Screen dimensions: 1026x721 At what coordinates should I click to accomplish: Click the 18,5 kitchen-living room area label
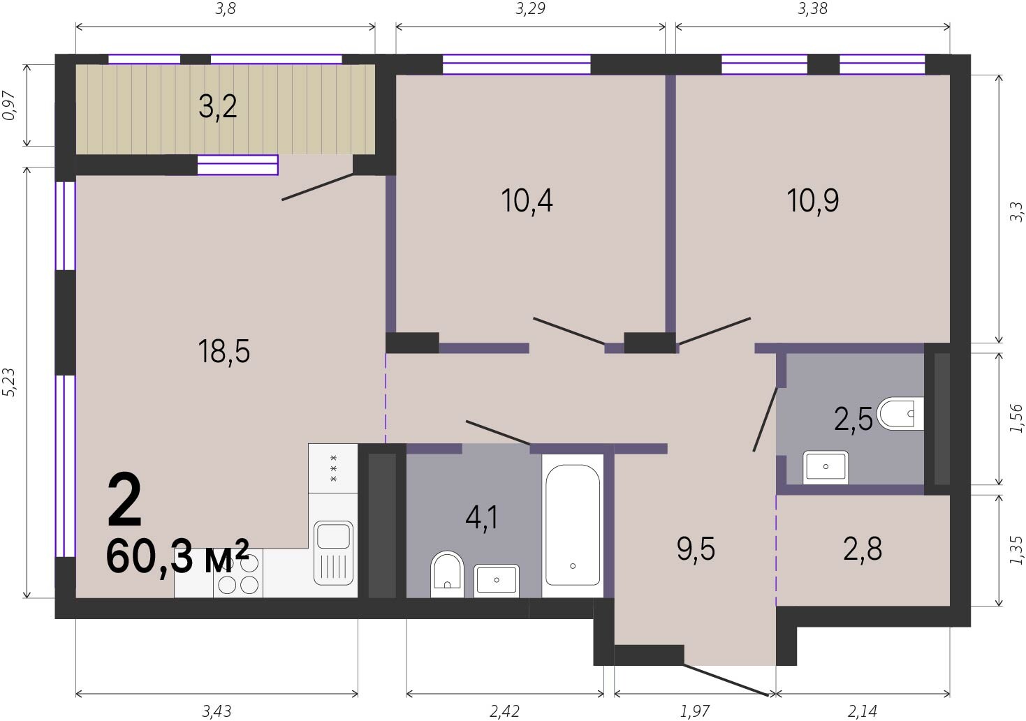[224, 351]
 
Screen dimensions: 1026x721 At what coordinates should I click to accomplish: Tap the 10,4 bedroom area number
[527, 200]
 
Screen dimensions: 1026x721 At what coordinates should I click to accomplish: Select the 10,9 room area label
[812, 200]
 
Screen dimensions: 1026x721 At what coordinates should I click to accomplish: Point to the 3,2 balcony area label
[218, 107]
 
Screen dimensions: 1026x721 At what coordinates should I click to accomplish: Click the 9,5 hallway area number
[696, 549]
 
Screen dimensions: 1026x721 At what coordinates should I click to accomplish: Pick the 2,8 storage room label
[863, 549]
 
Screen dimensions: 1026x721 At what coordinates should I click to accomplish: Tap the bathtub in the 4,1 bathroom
[573, 525]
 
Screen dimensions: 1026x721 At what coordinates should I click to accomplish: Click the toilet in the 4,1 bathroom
[447, 574]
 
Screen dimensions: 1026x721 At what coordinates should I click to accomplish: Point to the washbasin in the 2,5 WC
[826, 468]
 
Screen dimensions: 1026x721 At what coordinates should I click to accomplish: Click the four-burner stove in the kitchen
[238, 573]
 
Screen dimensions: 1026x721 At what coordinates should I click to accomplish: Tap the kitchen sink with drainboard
[333, 553]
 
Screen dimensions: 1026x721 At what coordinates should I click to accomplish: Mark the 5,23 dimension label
[9, 382]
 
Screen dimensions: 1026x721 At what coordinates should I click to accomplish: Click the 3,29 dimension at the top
[530, 8]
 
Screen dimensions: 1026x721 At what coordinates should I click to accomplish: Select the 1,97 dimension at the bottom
[694, 711]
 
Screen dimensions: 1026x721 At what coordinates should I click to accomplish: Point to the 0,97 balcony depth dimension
[9, 106]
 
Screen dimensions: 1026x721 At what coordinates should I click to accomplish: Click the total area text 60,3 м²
[177, 558]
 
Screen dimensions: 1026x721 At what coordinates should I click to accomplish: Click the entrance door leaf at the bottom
[726, 680]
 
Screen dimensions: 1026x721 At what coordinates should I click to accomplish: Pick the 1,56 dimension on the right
[1016, 418]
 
